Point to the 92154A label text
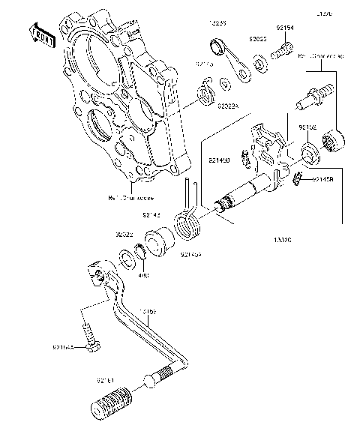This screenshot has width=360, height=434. pyautogui.click(x=63, y=347)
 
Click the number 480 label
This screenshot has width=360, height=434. pyautogui.click(x=144, y=274)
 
